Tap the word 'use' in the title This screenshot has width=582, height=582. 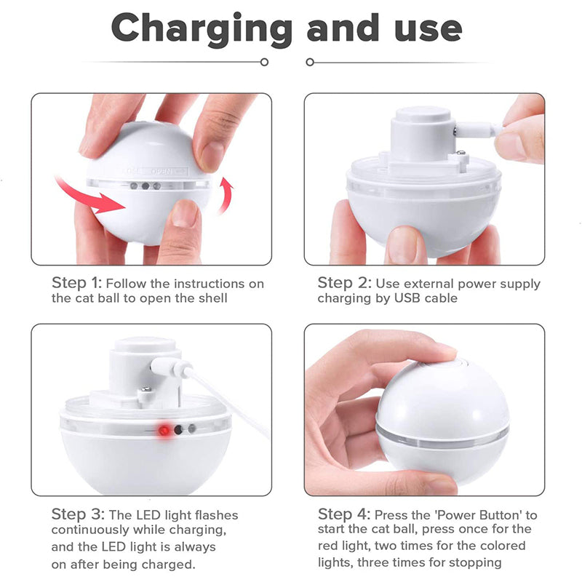[428, 30]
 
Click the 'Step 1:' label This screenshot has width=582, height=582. [76, 283]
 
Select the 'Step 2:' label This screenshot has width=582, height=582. [344, 283]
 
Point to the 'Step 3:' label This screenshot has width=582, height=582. [78, 514]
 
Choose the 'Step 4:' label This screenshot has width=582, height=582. [344, 514]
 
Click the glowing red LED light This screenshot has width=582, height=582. [164, 431]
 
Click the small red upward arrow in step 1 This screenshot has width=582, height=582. [226, 195]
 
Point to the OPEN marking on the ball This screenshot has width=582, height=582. [162, 172]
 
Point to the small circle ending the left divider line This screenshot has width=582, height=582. [264, 62]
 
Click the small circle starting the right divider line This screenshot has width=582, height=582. [310, 62]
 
